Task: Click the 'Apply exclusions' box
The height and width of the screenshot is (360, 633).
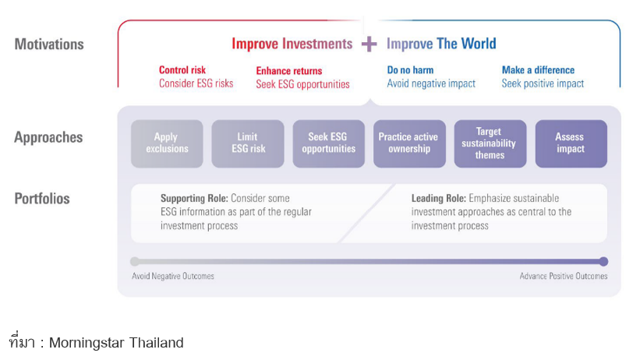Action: coord(167,143)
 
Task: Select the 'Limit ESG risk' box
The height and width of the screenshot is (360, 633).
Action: coord(248,143)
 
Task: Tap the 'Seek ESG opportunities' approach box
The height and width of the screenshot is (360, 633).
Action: coord(329,143)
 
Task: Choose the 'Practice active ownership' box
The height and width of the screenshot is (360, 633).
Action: coord(409,143)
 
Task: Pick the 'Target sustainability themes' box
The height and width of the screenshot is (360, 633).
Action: coord(490,143)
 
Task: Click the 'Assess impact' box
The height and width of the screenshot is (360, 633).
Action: coord(571,143)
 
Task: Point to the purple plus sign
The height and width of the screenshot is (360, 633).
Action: coord(369,44)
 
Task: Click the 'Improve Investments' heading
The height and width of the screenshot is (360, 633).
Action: coord(292,44)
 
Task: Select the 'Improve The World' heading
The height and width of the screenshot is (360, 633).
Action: coord(441,44)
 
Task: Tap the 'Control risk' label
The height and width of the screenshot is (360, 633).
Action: coord(182,70)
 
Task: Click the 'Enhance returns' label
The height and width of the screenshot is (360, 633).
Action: coord(289,71)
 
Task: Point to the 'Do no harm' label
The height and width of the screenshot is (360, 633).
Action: coord(410,70)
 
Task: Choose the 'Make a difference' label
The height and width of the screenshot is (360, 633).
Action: coord(538,70)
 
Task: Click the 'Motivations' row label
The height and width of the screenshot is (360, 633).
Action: coord(49,44)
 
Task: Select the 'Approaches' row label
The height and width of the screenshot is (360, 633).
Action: coord(48,137)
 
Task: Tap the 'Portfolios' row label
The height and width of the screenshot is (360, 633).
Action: coord(42,199)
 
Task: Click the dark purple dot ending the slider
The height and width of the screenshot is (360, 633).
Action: coord(603,262)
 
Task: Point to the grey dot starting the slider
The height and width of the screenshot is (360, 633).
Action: coord(135,262)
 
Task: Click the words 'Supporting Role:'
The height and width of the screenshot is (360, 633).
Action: coord(195,198)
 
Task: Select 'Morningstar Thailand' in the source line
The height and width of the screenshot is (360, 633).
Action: coord(116,343)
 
